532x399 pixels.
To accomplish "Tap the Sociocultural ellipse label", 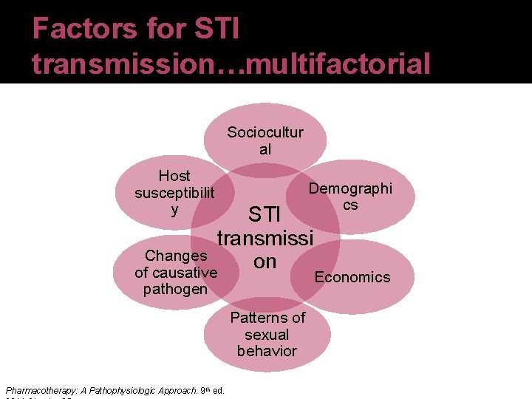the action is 265,140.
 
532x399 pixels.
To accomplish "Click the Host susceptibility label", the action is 174,193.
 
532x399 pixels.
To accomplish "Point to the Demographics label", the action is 350,196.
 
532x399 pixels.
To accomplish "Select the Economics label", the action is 352,277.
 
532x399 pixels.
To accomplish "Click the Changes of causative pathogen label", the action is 176,272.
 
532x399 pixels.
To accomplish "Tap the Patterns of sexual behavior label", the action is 267,334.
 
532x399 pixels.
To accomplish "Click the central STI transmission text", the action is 265,238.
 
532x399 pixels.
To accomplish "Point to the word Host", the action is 174,176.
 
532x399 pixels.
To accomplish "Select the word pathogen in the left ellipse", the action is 176,289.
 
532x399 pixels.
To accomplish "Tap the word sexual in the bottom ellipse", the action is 267,334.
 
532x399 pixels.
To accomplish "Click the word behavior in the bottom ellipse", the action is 267,350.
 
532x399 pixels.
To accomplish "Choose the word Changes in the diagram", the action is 176,256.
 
